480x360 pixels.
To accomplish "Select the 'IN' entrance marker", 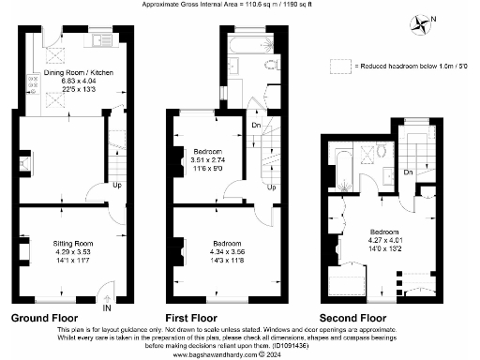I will [106, 307].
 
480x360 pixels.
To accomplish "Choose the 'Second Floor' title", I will [352, 317].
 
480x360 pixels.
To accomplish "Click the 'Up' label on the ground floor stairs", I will [116, 185].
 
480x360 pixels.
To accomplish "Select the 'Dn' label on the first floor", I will [256, 125].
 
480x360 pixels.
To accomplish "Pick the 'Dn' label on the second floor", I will [408, 172].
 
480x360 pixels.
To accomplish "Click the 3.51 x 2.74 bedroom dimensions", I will [208, 161].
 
